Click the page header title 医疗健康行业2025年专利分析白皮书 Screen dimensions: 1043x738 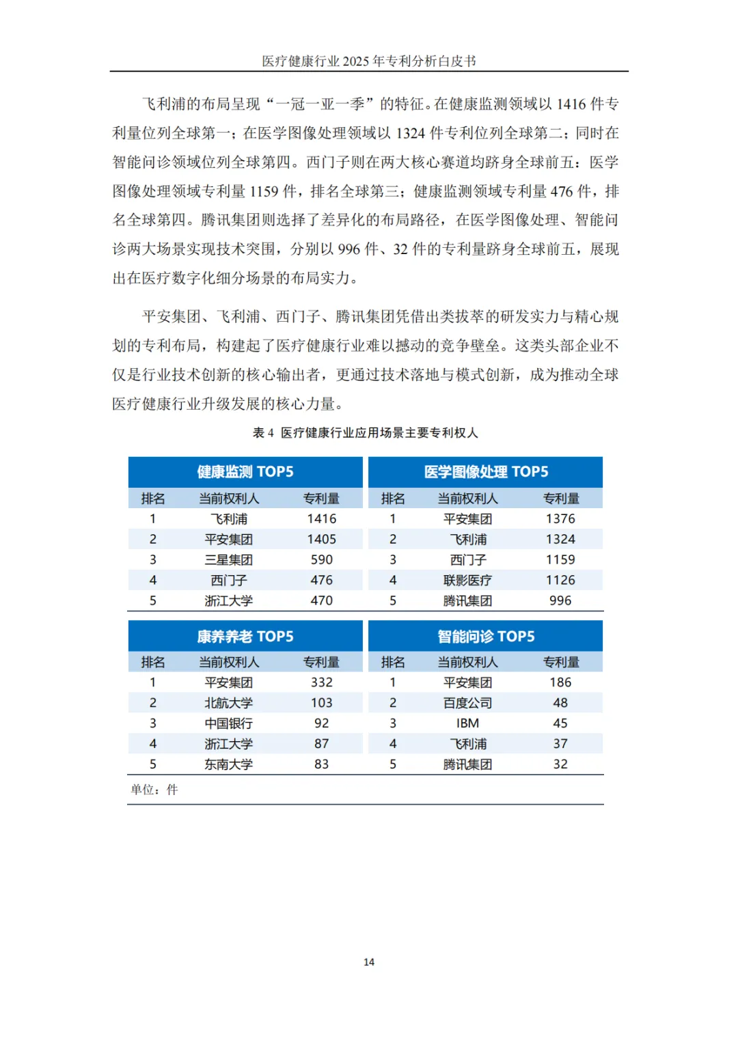click(x=369, y=61)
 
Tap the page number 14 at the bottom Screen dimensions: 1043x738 click(x=369, y=962)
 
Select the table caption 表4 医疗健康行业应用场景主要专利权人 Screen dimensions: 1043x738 click(x=366, y=432)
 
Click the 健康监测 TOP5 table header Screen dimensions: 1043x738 click(x=245, y=472)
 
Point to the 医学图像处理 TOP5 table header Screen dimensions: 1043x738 click(x=486, y=472)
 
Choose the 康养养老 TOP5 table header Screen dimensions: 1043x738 click(x=245, y=637)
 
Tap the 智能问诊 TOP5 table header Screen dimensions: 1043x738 click(x=486, y=637)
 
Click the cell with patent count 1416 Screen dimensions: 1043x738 click(x=321, y=519)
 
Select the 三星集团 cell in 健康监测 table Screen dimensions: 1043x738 click(x=228, y=560)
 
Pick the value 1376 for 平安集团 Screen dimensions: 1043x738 click(x=560, y=519)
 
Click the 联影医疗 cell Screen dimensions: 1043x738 click(x=467, y=581)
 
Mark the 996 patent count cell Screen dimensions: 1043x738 click(x=560, y=601)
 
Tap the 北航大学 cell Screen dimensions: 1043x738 click(x=228, y=703)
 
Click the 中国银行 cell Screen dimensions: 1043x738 click(x=228, y=723)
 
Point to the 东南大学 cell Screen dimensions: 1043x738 click(x=228, y=764)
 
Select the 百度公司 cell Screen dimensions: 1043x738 click(x=467, y=703)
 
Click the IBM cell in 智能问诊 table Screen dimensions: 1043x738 click(x=467, y=723)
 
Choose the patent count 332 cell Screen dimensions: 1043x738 click(x=321, y=682)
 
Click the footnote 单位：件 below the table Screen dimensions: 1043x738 click(x=154, y=790)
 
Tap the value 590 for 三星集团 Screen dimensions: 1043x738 click(x=321, y=560)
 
